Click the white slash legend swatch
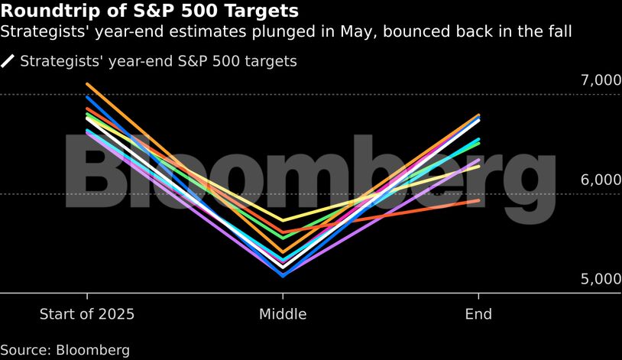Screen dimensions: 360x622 click(x=8, y=61)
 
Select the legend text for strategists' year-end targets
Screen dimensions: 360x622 click(x=158, y=61)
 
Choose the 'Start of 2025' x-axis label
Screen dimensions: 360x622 click(x=87, y=314)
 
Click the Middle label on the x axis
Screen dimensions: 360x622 click(x=283, y=314)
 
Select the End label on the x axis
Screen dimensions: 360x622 click(x=478, y=314)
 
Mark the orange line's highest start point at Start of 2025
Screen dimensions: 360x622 click(x=88, y=84)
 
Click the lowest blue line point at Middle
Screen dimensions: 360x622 click(x=283, y=274)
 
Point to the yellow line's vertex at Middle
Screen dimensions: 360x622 click(x=283, y=220)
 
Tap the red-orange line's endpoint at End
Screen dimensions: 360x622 click(x=478, y=200)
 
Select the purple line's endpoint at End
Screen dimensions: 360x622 click(x=478, y=160)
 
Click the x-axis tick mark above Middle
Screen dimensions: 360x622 click(x=283, y=297)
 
